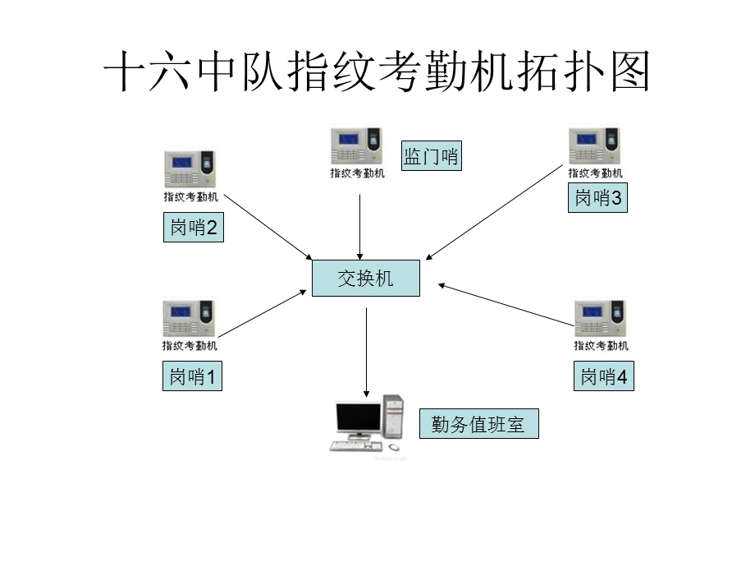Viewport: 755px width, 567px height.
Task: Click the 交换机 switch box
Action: [x=366, y=279]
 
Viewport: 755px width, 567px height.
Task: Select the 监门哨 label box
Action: [x=431, y=155]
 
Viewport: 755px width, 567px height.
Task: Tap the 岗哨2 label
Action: [x=194, y=228]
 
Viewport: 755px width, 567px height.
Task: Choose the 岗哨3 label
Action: [x=597, y=198]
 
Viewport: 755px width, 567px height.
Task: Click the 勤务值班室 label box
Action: [x=479, y=425]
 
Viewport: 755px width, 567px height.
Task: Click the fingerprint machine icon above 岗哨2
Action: [x=190, y=168]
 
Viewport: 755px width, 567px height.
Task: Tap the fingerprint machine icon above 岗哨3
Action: [x=596, y=145]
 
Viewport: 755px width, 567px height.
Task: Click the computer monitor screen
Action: [x=359, y=419]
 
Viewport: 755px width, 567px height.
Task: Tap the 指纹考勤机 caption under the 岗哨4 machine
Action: [x=602, y=346]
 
